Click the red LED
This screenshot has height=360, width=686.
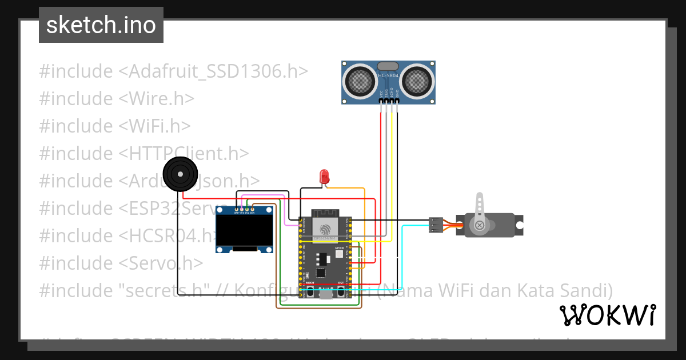(324, 175)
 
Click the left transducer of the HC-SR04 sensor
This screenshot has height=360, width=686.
(360, 81)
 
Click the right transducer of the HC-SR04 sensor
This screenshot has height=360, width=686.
(416, 81)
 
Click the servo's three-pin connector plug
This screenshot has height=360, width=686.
(436, 225)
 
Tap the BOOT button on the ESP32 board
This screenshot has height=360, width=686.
(310, 291)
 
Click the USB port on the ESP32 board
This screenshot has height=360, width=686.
(325, 294)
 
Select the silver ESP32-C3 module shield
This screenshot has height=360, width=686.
(325, 227)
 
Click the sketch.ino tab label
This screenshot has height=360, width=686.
(101, 26)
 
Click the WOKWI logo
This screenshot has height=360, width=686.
(607, 315)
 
